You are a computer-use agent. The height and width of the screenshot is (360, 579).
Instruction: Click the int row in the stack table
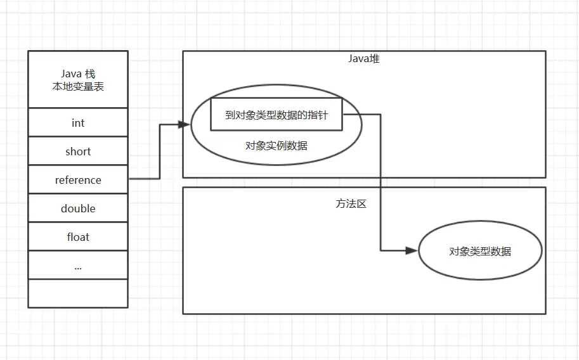[78, 123]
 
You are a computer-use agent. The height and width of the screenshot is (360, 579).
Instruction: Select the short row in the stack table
[78, 151]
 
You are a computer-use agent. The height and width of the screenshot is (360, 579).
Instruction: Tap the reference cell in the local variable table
[78, 180]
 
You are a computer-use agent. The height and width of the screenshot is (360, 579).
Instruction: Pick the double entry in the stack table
[78, 209]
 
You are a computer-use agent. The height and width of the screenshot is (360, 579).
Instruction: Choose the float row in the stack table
[78, 237]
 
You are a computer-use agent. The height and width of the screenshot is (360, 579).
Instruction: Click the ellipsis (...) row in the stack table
[78, 266]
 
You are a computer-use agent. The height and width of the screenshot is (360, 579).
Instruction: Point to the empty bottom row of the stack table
[78, 293]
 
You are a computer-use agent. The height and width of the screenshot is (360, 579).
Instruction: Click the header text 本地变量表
[78, 86]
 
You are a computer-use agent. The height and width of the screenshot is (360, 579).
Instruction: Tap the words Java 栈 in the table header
[78, 74]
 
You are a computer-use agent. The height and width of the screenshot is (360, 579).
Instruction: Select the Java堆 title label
[363, 59]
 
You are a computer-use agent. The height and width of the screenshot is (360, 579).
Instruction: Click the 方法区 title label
[351, 204]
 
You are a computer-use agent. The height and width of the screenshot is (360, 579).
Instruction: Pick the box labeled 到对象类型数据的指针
[276, 115]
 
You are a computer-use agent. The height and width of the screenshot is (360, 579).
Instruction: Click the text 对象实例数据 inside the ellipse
[276, 145]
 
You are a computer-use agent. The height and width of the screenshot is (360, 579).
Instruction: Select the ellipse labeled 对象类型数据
[480, 251]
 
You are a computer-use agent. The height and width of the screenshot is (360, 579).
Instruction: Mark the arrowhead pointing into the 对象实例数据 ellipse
[186, 125]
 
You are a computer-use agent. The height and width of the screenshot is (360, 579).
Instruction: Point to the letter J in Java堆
[351, 59]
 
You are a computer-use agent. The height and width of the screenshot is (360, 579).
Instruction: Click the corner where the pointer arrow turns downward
[381, 115]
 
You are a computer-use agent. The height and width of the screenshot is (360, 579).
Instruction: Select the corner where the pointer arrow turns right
[381, 250]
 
